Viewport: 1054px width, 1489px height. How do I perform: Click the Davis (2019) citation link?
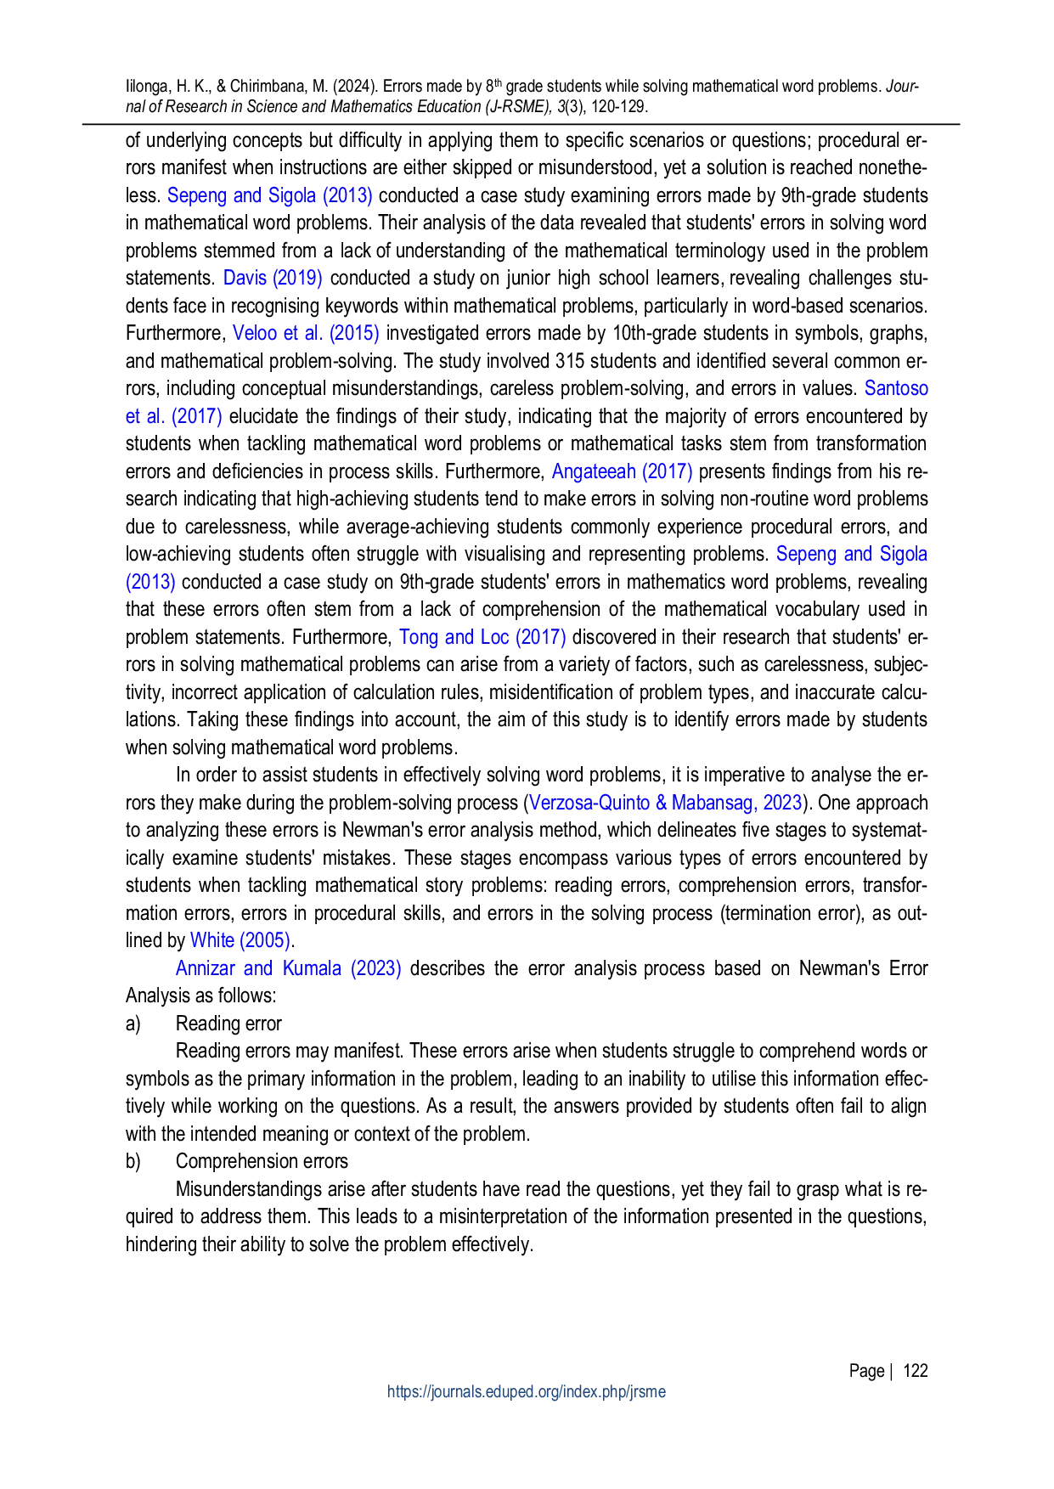pyautogui.click(x=273, y=279)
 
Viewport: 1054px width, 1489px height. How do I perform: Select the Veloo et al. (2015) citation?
pyautogui.click(x=306, y=334)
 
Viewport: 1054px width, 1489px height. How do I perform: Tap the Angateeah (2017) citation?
pyautogui.click(x=623, y=471)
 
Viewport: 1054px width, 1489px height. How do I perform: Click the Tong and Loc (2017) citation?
pyautogui.click(x=482, y=637)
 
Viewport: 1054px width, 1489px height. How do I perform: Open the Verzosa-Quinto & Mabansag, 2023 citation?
pyautogui.click(x=666, y=803)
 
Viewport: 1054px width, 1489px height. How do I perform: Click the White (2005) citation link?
pyautogui.click(x=240, y=941)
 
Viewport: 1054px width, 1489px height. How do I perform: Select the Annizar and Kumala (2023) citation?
pyautogui.click(x=289, y=968)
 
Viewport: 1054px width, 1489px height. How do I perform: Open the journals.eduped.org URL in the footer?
pyautogui.click(x=527, y=1392)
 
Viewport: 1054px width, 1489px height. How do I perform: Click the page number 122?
pyautogui.click(x=916, y=1371)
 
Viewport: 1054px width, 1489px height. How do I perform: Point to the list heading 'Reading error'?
pyautogui.click(x=228, y=1024)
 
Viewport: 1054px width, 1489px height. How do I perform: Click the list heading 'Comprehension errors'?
pyautogui.click(x=262, y=1161)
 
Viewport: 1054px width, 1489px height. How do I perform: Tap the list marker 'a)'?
pyautogui.click(x=132, y=1024)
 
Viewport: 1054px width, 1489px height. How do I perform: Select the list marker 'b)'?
pyautogui.click(x=132, y=1161)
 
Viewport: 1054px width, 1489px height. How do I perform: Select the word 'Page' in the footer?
pyautogui.click(x=866, y=1371)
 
